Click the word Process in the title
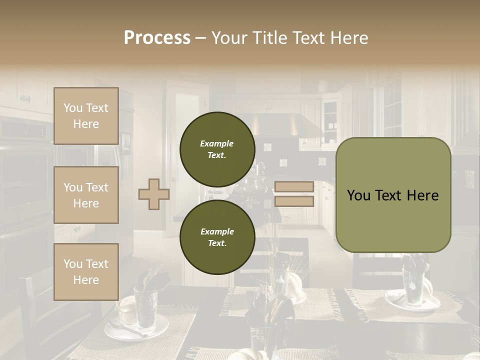157,38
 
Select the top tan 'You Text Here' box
86,116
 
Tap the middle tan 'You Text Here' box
86,195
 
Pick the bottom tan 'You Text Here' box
86,271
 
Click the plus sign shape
153,194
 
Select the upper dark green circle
217,149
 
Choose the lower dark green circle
217,237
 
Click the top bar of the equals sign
294,186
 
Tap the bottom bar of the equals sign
294,201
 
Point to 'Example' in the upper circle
217,143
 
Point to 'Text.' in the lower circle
217,243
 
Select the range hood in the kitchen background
290,125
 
